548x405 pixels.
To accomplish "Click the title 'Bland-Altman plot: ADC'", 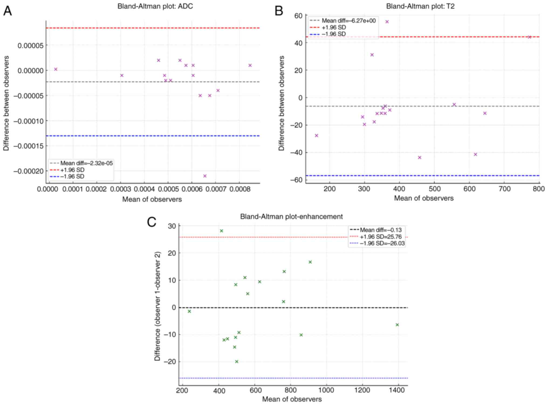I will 155,6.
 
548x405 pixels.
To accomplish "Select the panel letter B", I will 279,11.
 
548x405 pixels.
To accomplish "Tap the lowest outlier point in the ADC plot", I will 205,176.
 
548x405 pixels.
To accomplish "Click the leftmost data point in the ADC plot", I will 56,69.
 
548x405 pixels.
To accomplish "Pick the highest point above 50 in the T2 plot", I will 387,22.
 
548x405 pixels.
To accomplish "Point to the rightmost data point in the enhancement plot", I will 397,325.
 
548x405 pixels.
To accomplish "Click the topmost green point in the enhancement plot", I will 221,231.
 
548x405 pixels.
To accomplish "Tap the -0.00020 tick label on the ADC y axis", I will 28,171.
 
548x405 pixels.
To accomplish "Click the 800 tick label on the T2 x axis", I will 539,189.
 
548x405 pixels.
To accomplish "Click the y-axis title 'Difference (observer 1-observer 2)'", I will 157,306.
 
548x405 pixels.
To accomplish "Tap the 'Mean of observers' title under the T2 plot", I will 424,198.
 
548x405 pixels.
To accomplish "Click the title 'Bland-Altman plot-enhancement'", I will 291,217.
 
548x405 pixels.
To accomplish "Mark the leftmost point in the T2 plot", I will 317,136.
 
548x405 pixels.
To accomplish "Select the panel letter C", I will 152,222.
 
